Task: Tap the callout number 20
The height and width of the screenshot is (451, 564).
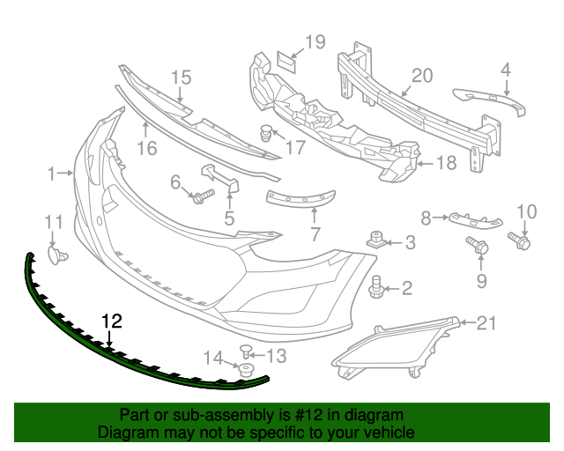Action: (x=422, y=76)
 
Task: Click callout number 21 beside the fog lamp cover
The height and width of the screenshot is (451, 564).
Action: (x=486, y=323)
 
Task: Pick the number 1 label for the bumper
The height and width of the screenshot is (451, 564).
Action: (x=51, y=173)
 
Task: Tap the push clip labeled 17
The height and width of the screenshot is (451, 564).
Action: (x=265, y=135)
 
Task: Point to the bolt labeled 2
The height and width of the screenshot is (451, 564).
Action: (x=377, y=285)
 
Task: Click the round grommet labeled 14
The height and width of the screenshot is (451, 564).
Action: (x=246, y=369)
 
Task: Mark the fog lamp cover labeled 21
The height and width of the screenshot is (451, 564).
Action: (x=396, y=351)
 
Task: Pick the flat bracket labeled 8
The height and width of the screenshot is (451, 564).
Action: (x=472, y=220)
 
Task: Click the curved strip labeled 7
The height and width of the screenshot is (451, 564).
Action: (x=301, y=200)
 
